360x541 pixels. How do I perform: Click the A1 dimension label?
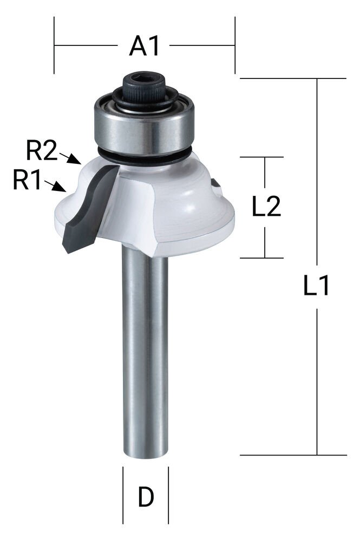[x=145, y=47]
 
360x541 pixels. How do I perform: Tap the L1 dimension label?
[x=317, y=286]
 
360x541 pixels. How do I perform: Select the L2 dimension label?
[x=266, y=206]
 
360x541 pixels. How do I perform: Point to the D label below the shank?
[x=145, y=497]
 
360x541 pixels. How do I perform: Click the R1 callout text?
[x=27, y=180]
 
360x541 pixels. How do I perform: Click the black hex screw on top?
[x=145, y=87]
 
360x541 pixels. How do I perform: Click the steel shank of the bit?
[x=145, y=352]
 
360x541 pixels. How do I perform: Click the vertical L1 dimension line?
[x=317, y=379]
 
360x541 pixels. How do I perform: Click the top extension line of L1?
[x=292, y=78]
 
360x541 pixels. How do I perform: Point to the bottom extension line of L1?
[x=292, y=455]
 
